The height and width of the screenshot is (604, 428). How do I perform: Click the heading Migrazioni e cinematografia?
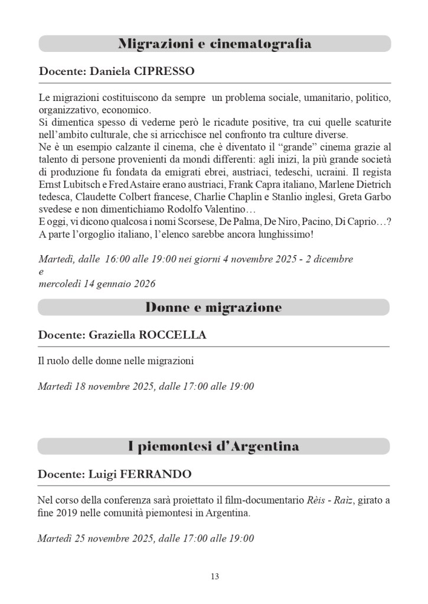click(x=214, y=44)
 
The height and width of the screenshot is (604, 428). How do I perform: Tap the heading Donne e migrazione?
click(x=214, y=308)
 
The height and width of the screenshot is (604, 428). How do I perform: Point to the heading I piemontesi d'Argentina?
click(x=214, y=446)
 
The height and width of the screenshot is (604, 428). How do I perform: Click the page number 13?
click(x=214, y=576)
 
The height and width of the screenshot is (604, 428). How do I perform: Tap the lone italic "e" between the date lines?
click(x=41, y=272)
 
